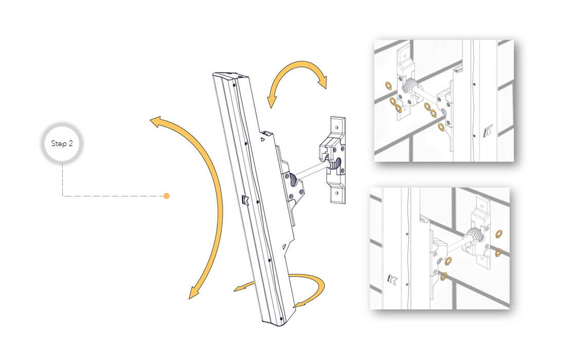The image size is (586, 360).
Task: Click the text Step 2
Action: [x=62, y=143]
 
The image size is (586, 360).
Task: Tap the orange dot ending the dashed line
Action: [x=167, y=196]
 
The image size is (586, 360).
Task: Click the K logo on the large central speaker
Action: [x=245, y=200]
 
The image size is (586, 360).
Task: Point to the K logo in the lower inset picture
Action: [x=392, y=279]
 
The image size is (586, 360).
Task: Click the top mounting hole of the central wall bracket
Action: [x=337, y=127]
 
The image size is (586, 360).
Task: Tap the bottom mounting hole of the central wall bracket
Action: [x=337, y=193]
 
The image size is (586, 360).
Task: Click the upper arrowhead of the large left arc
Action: [x=156, y=122]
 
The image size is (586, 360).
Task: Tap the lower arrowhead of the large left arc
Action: [x=194, y=292]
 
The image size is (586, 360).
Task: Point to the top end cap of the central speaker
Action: [x=230, y=77]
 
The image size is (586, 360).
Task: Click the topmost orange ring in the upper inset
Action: [x=389, y=86]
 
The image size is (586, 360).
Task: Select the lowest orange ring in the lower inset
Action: [x=444, y=277]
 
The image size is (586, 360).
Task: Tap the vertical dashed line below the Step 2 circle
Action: [x=62, y=180]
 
